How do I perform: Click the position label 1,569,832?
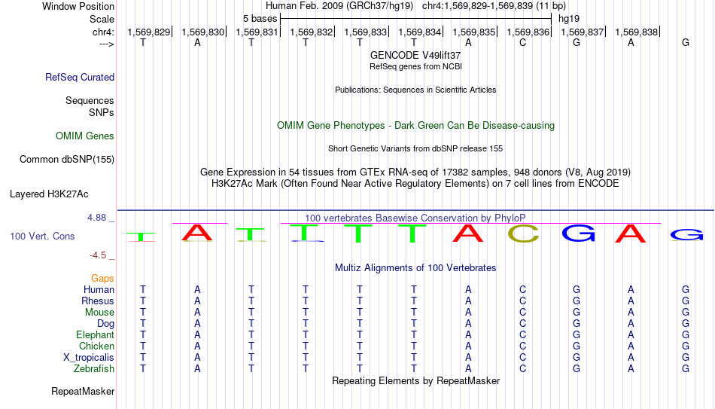(x=312, y=32)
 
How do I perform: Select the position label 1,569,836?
(x=528, y=32)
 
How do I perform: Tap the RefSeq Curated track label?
(x=80, y=77)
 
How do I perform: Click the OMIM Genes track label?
(x=85, y=136)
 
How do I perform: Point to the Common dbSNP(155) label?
(x=67, y=160)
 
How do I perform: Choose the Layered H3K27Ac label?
(x=49, y=194)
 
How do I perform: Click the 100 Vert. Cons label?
(x=42, y=236)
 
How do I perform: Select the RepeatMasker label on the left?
(x=83, y=391)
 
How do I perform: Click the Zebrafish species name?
(x=94, y=368)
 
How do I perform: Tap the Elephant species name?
(x=96, y=334)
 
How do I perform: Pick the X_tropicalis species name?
(x=89, y=358)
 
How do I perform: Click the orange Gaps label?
(x=102, y=279)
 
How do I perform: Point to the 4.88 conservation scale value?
(x=96, y=218)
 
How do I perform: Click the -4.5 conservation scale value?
(x=98, y=255)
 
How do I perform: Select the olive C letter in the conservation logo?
(x=523, y=233)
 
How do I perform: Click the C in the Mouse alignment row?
(x=522, y=313)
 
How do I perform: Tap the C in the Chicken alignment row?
(x=522, y=346)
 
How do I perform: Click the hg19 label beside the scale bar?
(x=569, y=19)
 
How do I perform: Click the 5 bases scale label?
(x=260, y=19)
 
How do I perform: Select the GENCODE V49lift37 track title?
(x=415, y=55)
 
